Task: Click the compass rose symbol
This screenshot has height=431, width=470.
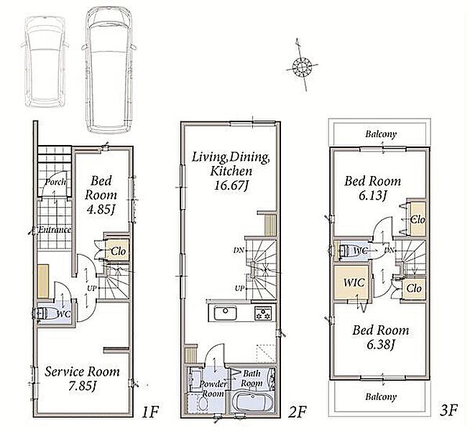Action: pyautogui.click(x=302, y=65)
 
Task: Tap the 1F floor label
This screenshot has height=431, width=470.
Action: pyautogui.click(x=149, y=412)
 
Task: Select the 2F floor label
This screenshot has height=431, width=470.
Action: pyautogui.click(x=298, y=412)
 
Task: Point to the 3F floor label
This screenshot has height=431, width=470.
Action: pyautogui.click(x=448, y=410)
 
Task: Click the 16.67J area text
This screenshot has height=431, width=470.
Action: pyautogui.click(x=231, y=186)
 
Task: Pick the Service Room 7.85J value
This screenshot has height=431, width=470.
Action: pyautogui.click(x=82, y=386)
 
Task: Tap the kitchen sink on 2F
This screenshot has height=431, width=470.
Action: pyautogui.click(x=225, y=313)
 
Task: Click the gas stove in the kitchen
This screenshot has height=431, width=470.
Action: pyautogui.click(x=262, y=313)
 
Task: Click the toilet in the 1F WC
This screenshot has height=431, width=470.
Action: pyautogui.click(x=45, y=314)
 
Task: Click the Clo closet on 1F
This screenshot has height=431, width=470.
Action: pyautogui.click(x=117, y=251)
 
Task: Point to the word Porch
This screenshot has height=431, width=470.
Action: pyautogui.click(x=56, y=182)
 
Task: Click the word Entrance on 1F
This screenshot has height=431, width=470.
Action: pyautogui.click(x=55, y=230)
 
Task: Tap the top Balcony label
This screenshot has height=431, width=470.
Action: pyautogui.click(x=381, y=134)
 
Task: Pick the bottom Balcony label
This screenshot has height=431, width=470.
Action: pyautogui.click(x=381, y=397)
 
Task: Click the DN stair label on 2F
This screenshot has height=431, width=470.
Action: pyautogui.click(x=239, y=250)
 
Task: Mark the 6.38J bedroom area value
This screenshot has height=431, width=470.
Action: pyautogui.click(x=380, y=345)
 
